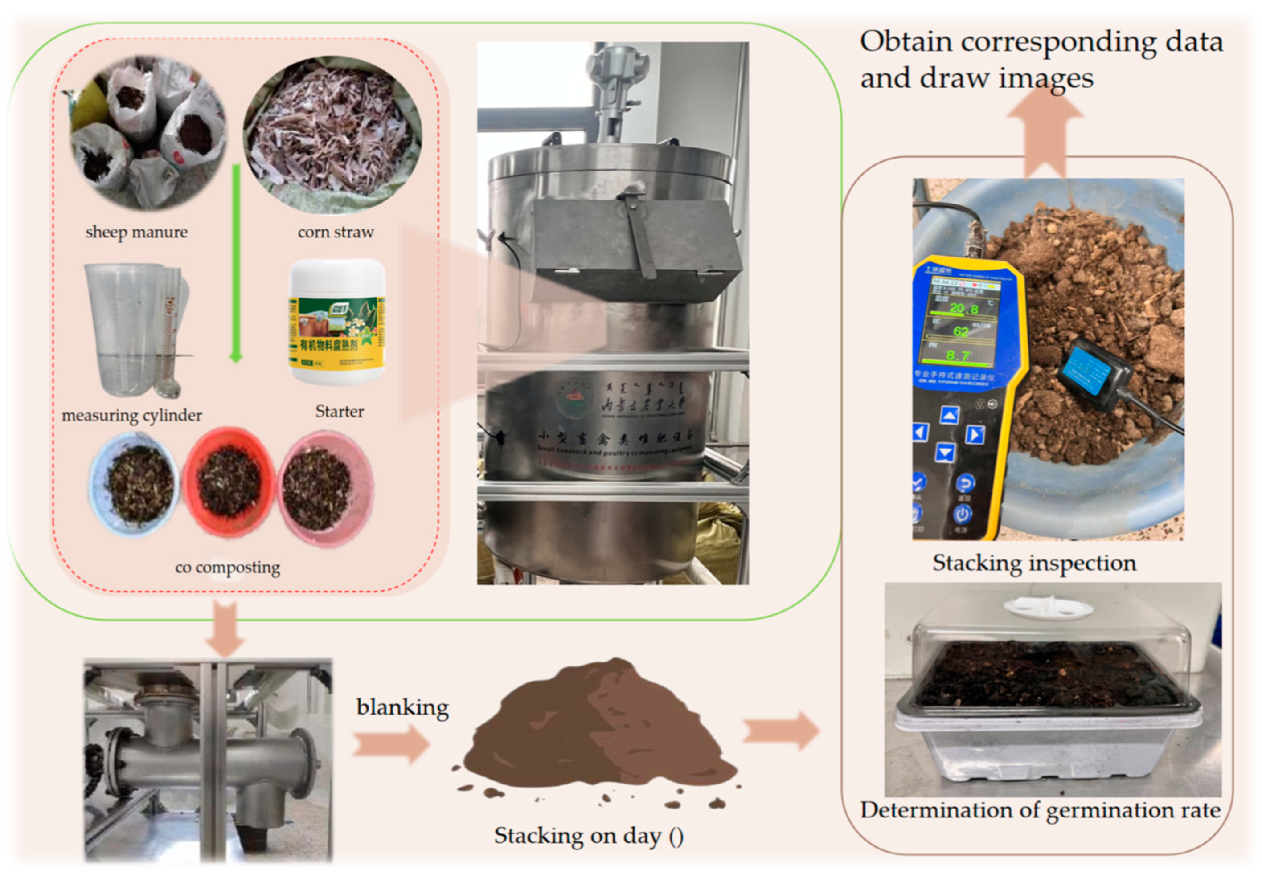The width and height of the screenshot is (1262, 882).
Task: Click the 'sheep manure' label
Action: [x=136, y=233]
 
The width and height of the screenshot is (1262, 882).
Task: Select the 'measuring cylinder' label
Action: [x=131, y=416]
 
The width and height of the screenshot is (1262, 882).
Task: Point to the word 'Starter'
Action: [x=339, y=412]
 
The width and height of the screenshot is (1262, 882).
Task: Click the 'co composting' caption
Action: [x=228, y=567]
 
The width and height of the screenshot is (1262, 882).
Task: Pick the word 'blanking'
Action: [x=402, y=707]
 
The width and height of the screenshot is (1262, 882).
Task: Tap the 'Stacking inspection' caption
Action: [x=1034, y=563]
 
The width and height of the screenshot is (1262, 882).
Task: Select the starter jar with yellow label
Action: [x=337, y=322]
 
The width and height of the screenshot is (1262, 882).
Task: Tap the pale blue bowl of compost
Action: [x=135, y=484]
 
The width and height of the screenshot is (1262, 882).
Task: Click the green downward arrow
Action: [x=236, y=264]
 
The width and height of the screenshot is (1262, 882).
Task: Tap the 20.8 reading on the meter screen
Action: [x=963, y=308]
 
